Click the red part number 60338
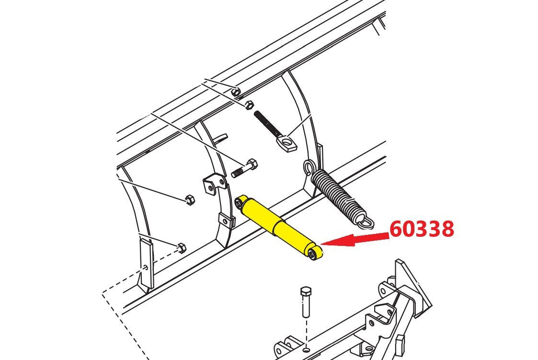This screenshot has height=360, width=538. [422, 229]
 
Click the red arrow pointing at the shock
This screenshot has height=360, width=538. [355, 240]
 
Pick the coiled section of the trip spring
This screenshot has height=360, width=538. [337, 193]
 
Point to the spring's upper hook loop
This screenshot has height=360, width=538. [309, 167]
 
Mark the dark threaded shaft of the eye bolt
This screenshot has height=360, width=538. [267, 123]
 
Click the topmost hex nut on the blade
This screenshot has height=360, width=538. [235, 91]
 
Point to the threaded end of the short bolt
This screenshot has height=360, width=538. [238, 172]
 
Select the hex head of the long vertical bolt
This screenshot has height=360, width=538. [305, 292]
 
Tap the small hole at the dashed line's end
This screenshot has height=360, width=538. [146, 267]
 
